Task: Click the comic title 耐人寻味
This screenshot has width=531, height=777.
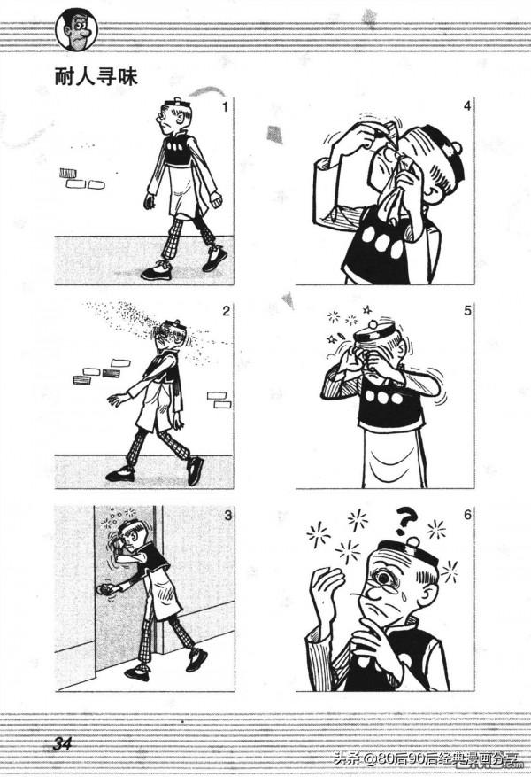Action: (96, 77)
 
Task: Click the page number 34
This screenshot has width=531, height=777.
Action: (63, 743)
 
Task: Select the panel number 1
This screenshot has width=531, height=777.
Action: (225, 106)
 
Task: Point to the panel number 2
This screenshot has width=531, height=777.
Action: (227, 311)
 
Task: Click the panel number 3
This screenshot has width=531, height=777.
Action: (227, 516)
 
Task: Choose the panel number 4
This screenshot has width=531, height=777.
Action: (466, 105)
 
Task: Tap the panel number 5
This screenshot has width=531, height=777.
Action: (467, 311)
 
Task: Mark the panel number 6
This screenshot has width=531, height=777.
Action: (467, 515)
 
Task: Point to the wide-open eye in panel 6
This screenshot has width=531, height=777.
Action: (384, 579)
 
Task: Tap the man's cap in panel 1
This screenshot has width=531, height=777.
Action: (174, 105)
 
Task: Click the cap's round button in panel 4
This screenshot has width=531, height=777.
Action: (457, 148)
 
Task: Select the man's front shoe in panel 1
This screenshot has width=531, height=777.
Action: (157, 271)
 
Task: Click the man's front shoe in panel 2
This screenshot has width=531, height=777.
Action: (119, 474)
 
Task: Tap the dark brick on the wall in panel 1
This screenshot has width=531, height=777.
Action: (68, 174)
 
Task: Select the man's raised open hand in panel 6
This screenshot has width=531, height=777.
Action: (326, 592)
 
